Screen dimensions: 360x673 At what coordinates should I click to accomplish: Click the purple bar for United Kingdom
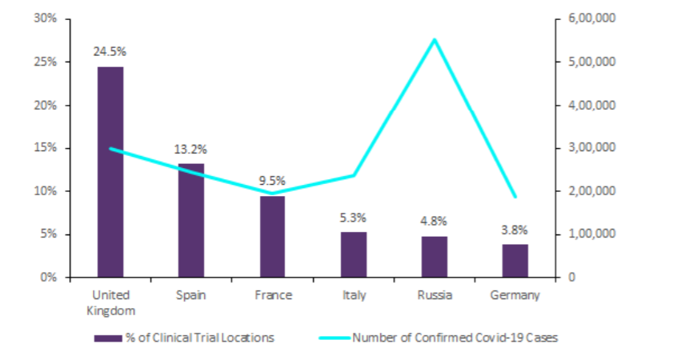point(110,172)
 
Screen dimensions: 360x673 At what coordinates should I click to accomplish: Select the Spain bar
point(191,220)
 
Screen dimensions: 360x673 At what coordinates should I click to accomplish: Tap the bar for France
point(272,236)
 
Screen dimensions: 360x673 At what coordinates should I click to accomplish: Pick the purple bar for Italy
point(354,254)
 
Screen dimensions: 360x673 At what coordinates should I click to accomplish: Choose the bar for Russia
point(435,257)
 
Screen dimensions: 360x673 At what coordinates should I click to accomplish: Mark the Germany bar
point(515,261)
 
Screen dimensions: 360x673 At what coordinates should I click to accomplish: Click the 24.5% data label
point(110,51)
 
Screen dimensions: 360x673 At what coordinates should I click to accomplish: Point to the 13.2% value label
point(191,149)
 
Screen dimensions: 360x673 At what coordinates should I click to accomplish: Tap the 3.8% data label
point(515,230)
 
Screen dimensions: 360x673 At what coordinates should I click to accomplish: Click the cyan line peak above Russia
point(435,39)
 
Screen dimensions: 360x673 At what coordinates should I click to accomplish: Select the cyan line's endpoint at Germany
point(515,197)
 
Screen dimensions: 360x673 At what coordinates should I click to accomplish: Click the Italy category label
point(354,295)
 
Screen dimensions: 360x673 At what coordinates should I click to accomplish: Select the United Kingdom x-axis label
point(110,302)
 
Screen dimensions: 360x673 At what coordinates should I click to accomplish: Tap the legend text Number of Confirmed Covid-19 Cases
point(455,338)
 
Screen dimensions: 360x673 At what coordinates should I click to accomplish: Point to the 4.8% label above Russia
point(435,222)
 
